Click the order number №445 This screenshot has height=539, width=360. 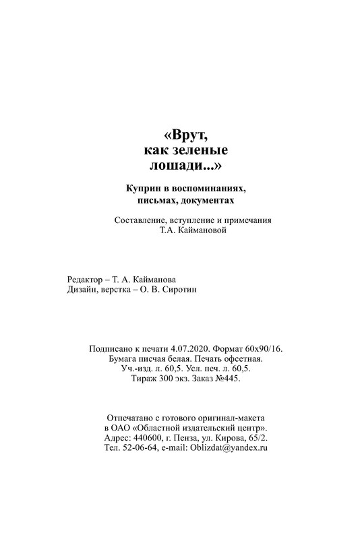pos(226,381)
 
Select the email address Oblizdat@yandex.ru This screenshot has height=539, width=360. pos(230,448)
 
